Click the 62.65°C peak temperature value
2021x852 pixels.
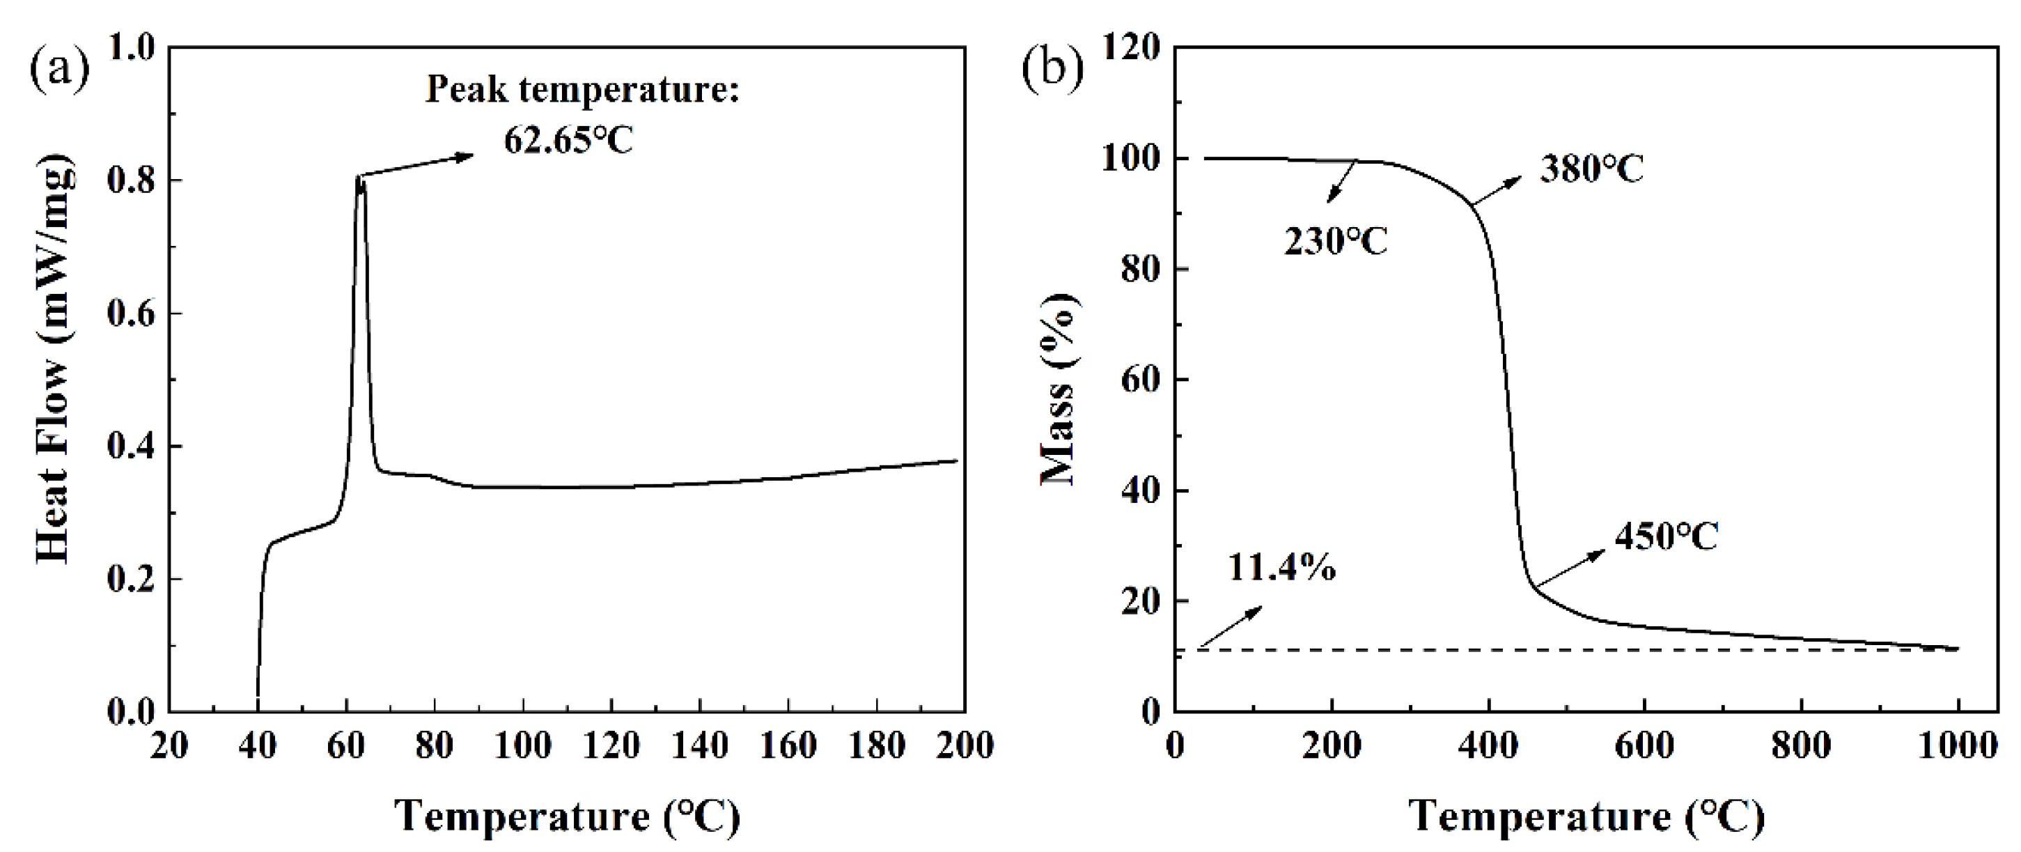[x=568, y=141]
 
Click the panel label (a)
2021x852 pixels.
[x=60, y=70]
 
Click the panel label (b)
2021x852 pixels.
[x=1052, y=70]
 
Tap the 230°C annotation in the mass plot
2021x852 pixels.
[x=1335, y=242]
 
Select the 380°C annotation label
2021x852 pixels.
[x=1591, y=169]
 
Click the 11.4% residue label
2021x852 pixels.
[x=1281, y=567]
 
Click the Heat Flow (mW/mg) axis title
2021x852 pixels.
[x=55, y=365]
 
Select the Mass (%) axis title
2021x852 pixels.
[x=1059, y=389]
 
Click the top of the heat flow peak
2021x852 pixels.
[x=359, y=178]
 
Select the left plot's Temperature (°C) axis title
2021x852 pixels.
[x=566, y=816]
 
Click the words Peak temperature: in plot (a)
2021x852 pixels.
[x=582, y=89]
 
